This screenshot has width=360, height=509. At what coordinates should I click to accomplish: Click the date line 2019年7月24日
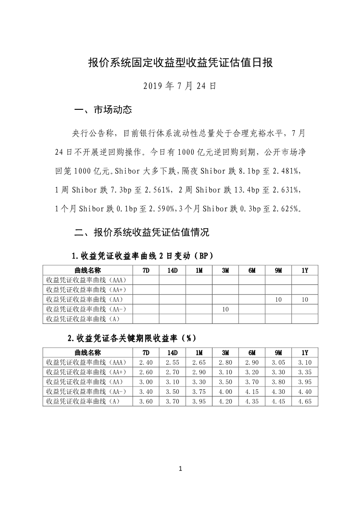180,86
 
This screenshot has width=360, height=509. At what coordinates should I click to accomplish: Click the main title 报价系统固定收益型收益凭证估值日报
180,63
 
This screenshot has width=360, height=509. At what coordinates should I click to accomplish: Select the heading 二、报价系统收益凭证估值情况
141,233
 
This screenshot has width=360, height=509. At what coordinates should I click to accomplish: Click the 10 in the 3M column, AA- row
225,309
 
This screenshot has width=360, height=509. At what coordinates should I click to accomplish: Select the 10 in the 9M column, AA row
278,299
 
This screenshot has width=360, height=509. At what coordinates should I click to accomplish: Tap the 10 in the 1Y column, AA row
305,299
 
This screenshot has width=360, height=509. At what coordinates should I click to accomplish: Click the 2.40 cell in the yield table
145,362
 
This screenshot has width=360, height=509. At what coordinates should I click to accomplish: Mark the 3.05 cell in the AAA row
278,362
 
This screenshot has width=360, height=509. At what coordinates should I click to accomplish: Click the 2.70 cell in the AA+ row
172,372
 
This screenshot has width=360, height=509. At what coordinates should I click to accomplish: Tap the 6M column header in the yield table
252,352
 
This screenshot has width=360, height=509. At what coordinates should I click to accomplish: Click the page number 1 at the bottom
180,469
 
